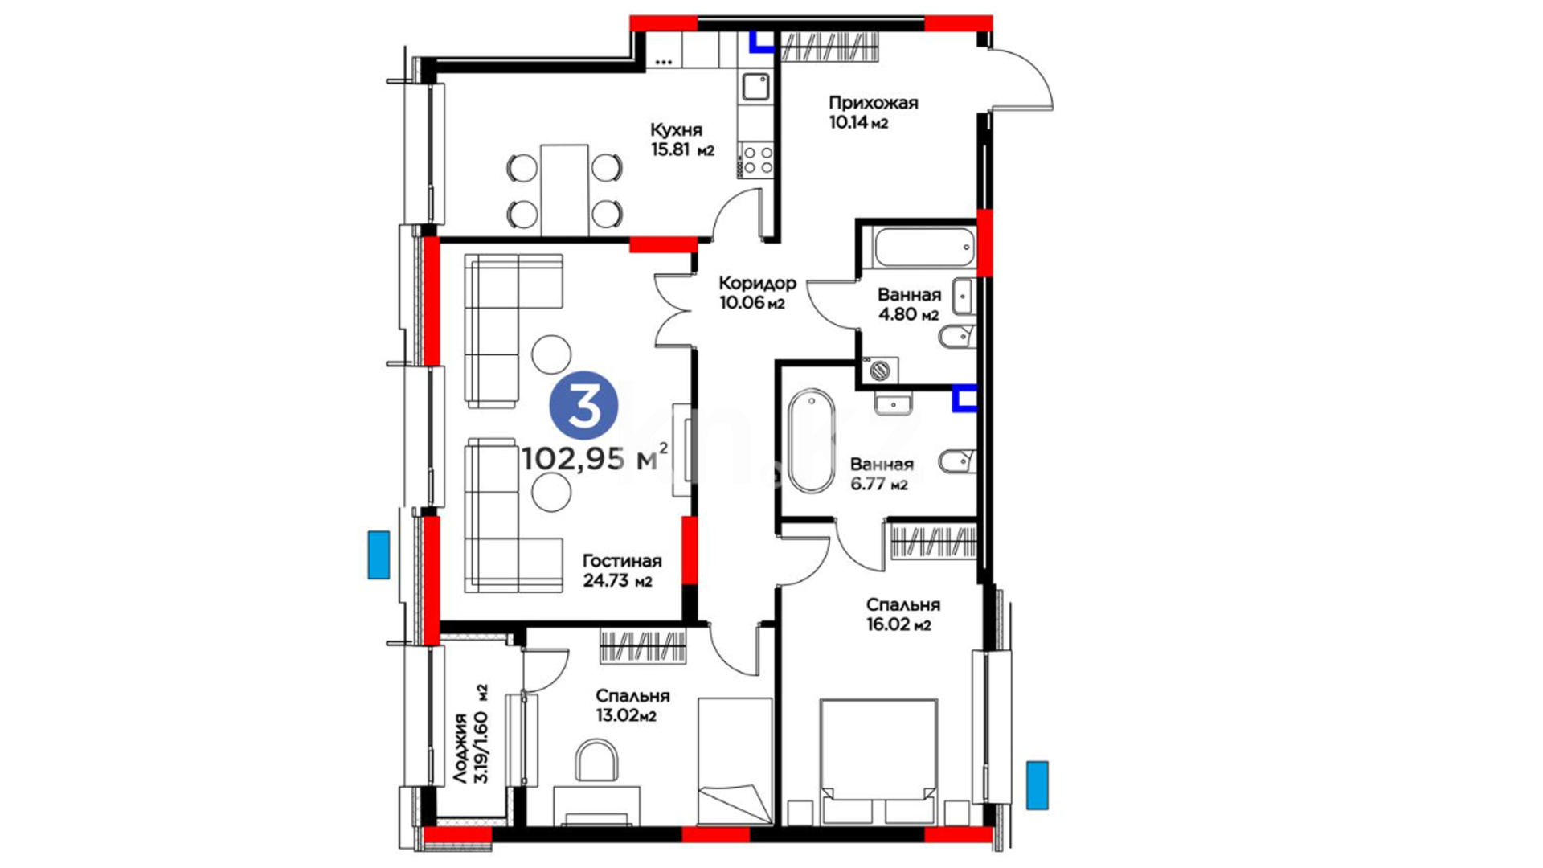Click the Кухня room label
pyautogui.click(x=676, y=129)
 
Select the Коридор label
pyautogui.click(x=757, y=283)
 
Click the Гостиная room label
pyautogui.click(x=622, y=561)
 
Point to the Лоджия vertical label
pyautogui.click(x=460, y=748)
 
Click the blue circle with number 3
pyautogui.click(x=584, y=406)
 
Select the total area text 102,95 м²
pyautogui.click(x=595, y=457)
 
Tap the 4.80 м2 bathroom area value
pyautogui.click(x=908, y=314)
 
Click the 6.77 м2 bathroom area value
pyautogui.click(x=879, y=484)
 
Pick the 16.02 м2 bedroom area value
pyautogui.click(x=898, y=624)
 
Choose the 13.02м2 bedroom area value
pyautogui.click(x=626, y=715)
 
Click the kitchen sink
pyautogui.click(x=755, y=86)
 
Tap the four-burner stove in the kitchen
pyautogui.click(x=755, y=159)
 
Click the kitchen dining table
pyautogui.click(x=564, y=190)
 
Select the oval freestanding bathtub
pyautogui.click(x=812, y=440)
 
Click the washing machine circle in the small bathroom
pyautogui.click(x=881, y=371)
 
